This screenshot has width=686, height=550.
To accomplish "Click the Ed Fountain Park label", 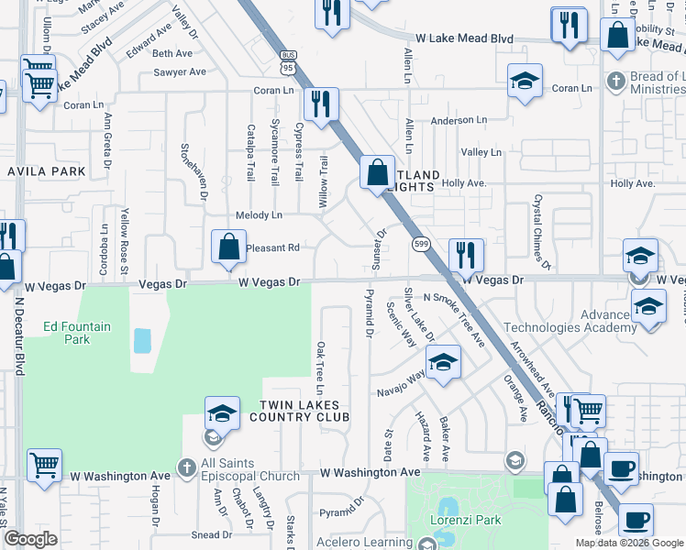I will point(67,332).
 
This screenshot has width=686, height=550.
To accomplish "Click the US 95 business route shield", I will point(288,62).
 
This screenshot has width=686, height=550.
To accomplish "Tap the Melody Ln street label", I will point(260,215).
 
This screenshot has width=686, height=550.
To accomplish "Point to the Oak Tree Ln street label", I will point(321,364).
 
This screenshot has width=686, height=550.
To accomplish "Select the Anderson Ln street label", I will point(459,120).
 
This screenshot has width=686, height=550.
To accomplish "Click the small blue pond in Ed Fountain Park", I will point(142,341).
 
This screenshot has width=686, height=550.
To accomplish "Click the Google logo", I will point(31,539).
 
